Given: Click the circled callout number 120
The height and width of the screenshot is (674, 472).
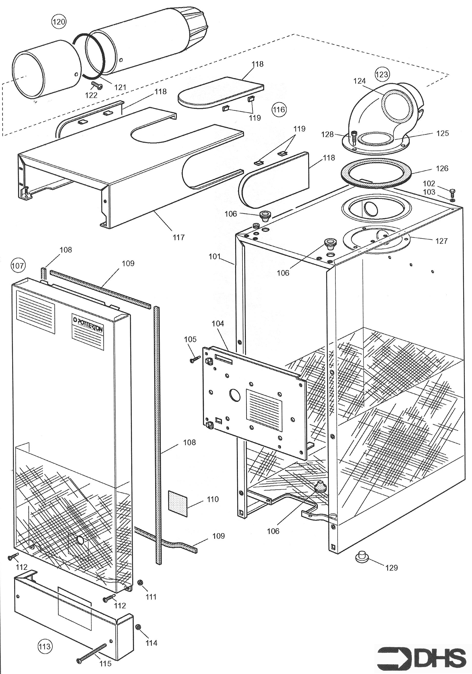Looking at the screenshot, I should [59, 21].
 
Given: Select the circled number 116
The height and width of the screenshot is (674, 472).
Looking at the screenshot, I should [279, 110].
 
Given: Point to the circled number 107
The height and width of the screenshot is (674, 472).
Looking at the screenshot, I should [18, 266].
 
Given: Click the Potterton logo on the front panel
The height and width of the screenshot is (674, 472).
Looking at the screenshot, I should [88, 327].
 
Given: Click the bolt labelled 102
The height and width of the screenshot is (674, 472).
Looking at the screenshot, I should [452, 193].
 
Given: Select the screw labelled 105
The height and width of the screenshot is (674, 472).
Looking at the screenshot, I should [195, 359].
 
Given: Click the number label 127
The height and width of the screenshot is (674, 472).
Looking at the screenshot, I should [442, 241].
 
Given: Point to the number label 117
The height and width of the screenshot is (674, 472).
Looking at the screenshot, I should [179, 237].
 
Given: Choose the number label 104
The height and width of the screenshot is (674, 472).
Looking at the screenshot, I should [218, 323].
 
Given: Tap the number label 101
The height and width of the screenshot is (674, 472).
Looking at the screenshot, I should [214, 256].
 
